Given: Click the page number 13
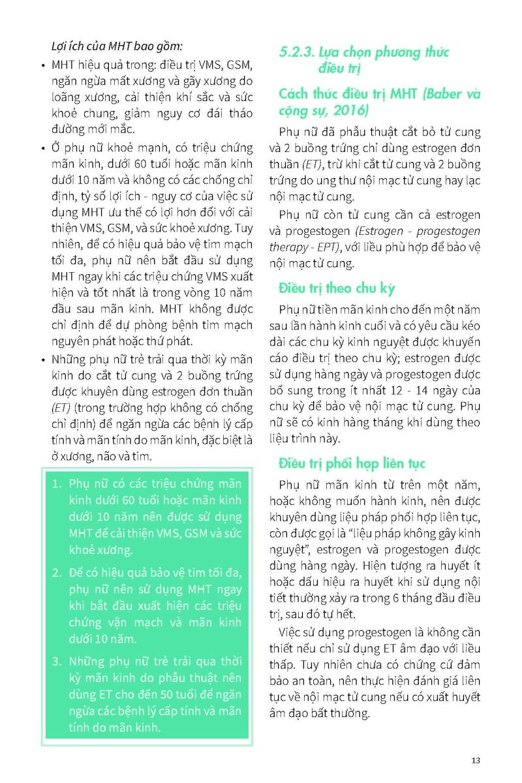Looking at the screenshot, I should pyautogui.click(x=475, y=760).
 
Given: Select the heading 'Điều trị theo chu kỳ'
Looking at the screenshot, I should pyautogui.click(x=336, y=288).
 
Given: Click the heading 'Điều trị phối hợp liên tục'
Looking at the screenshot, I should pyautogui.click(x=352, y=464).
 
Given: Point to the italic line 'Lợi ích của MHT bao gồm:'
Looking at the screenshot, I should pyautogui.click(x=116, y=46).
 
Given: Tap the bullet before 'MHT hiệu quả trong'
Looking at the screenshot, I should pyautogui.click(x=42, y=66).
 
